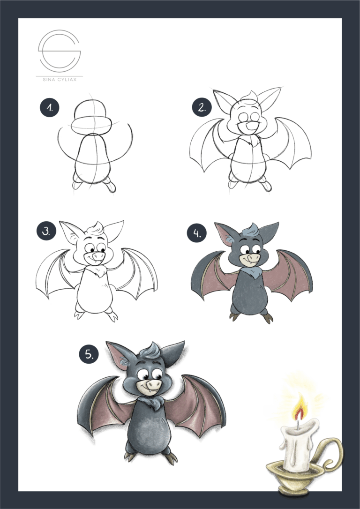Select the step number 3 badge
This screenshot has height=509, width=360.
(46, 231)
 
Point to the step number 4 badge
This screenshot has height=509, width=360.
(196, 233)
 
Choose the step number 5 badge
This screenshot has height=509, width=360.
(88, 355)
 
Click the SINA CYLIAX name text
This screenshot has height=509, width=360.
(59, 80)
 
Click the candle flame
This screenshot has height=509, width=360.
(299, 408)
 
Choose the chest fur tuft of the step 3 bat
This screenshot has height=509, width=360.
(98, 271)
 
